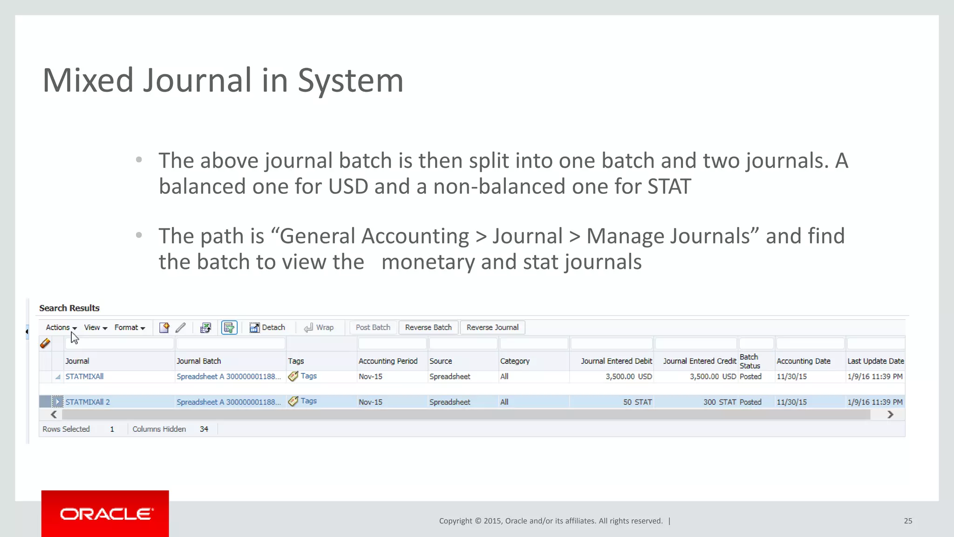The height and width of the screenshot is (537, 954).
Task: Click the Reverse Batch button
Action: tap(428, 327)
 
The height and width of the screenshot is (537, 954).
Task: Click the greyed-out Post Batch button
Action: tap(373, 327)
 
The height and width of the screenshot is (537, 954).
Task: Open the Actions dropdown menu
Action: tap(61, 327)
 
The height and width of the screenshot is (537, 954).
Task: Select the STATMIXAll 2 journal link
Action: tap(88, 402)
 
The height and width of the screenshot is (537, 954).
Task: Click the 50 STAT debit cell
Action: tap(637, 402)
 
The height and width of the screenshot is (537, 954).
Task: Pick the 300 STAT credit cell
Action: tap(719, 402)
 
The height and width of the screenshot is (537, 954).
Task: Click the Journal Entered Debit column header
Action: tap(616, 361)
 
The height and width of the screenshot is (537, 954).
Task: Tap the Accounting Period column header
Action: tap(388, 361)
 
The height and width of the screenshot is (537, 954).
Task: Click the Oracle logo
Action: tap(105, 514)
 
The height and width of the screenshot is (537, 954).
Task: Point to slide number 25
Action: tap(908, 521)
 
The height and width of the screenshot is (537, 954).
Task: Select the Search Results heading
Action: tap(69, 308)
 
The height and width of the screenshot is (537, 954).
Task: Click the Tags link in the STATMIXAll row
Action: tap(308, 376)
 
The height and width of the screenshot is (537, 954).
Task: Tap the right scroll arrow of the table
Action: tap(890, 414)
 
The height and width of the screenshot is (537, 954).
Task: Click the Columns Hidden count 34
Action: tap(204, 429)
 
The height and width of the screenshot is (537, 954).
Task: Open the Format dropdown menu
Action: tap(129, 327)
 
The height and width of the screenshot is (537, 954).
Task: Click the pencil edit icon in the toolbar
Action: tap(181, 328)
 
